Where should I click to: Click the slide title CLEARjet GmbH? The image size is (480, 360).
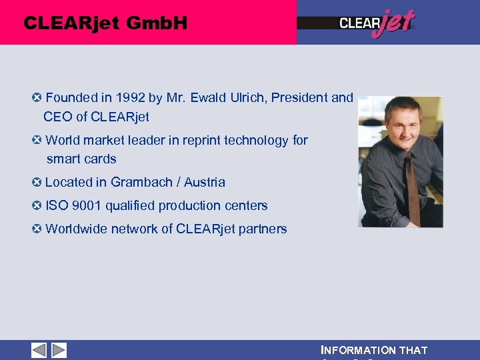pos(105,23)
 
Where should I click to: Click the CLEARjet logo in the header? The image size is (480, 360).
pos(377,24)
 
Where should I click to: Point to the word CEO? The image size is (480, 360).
pos(57,117)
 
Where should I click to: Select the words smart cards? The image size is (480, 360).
pos(81,159)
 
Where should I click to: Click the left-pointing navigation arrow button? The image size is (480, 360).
pos(39,350)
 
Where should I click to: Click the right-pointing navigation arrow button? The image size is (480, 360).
pos(59,350)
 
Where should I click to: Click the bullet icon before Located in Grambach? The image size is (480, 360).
pos(37,182)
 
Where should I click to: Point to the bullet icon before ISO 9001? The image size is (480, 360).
pos(37,205)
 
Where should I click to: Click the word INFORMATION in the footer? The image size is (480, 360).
pos(358,351)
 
